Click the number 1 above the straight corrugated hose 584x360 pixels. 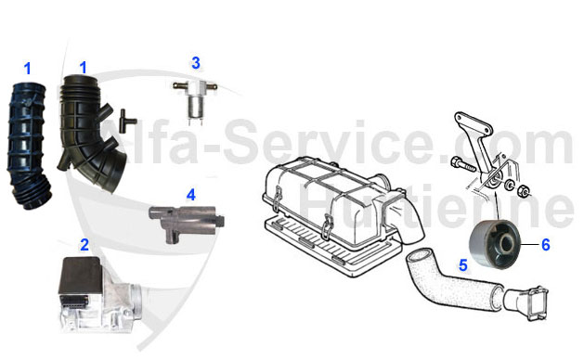point(27,68)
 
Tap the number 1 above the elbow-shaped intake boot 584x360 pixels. point(83,67)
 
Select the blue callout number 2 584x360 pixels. point(84,246)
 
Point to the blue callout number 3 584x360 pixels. point(196,63)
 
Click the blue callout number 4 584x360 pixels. point(190,195)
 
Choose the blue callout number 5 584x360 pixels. point(461,264)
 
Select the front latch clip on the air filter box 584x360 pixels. point(327,221)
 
